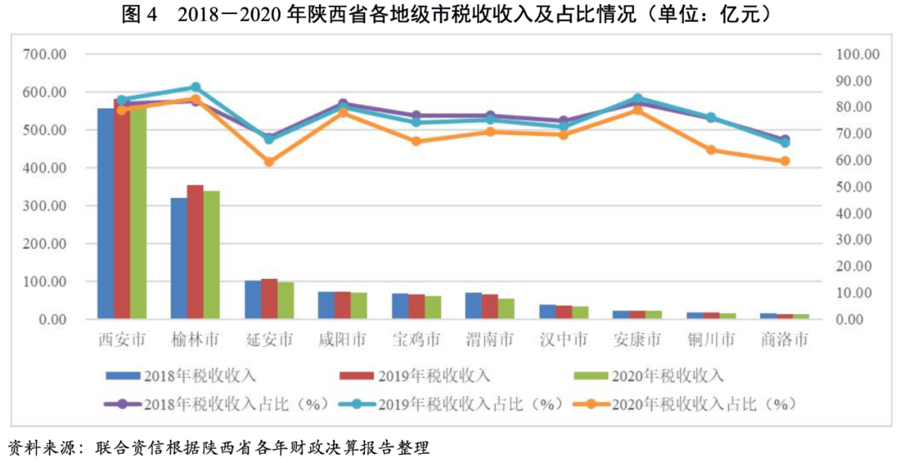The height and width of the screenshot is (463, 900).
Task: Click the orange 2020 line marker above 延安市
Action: coord(269,162)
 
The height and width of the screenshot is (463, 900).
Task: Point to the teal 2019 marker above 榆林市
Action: coord(196,87)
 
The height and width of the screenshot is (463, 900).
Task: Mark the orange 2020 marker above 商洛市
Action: coord(784,161)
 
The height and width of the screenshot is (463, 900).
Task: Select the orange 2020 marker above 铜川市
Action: coord(711,150)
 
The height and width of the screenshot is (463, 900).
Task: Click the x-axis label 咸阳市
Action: coord(342,340)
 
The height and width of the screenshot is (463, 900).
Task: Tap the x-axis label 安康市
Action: coord(637,340)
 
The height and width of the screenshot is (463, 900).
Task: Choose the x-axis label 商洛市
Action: coord(784,340)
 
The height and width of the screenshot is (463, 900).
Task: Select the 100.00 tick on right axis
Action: coord(857,55)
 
